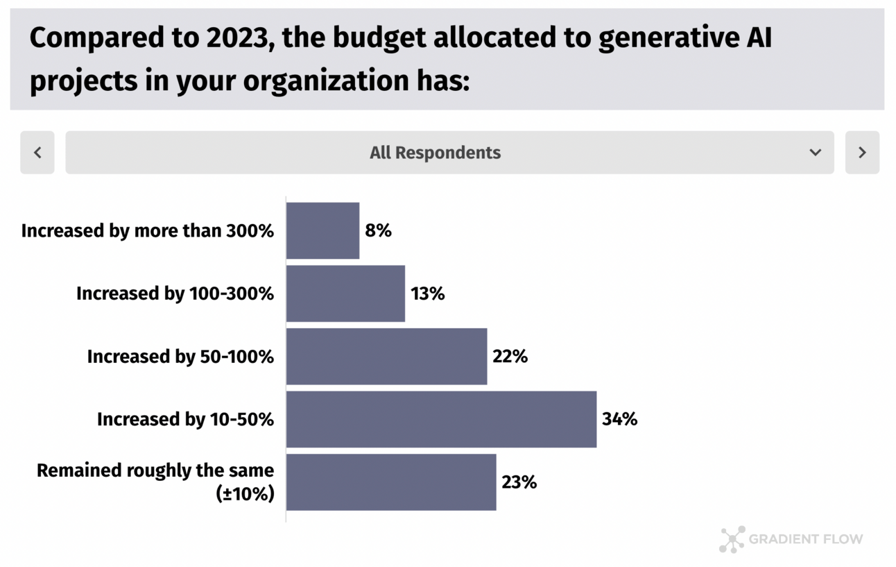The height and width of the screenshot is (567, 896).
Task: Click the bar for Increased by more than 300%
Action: [x=322, y=230]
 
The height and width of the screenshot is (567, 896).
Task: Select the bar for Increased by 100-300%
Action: [x=345, y=294]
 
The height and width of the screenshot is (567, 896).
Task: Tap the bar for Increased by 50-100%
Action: [x=386, y=357]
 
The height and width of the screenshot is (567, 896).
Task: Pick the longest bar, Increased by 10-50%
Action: [x=441, y=419]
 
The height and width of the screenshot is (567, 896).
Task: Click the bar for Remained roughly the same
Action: [x=391, y=482]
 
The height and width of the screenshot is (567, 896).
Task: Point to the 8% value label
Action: [x=379, y=230]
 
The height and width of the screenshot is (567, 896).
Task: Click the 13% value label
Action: [x=428, y=294]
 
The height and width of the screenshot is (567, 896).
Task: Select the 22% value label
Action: [x=510, y=357]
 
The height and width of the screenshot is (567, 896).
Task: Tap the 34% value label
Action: [x=620, y=419]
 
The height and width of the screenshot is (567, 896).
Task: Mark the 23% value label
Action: [x=519, y=482]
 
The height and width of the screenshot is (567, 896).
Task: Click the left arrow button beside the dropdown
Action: [x=37, y=153]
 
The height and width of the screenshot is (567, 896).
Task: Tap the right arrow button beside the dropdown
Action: [x=862, y=153]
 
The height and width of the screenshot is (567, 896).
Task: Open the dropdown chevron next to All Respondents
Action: [x=816, y=153]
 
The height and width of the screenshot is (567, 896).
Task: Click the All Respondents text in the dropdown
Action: [x=435, y=153]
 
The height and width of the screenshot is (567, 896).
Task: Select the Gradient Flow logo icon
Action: [x=732, y=539]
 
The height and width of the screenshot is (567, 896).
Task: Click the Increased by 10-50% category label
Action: [x=185, y=419]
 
